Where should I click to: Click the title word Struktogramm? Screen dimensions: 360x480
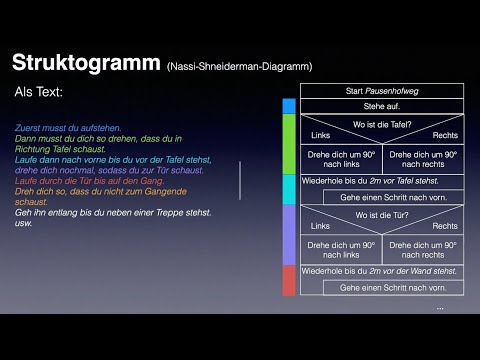coord(83,63)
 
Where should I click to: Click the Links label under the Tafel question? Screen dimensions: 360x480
coord(320,135)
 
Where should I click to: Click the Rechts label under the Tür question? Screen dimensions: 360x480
coord(444,226)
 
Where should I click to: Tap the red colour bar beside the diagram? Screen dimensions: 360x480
coord(289,280)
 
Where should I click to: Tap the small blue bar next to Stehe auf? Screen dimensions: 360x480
coord(289,106)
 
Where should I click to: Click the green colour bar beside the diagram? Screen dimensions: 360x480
coord(289,144)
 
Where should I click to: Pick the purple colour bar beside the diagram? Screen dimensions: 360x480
coord(289,234)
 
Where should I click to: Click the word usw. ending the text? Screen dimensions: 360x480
coord(24,222)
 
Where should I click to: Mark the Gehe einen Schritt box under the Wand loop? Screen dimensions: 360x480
coord(393,288)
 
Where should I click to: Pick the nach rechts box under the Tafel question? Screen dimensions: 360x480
coord(423,159)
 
